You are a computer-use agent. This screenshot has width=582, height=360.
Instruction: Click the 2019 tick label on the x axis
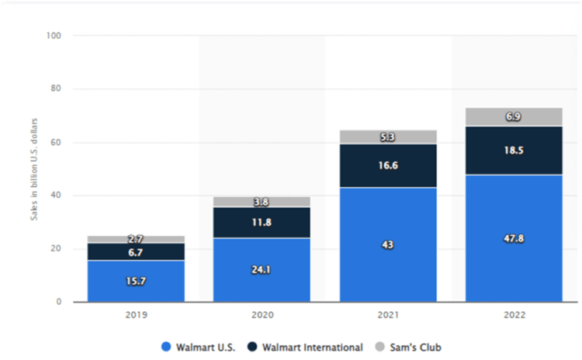click(136, 317)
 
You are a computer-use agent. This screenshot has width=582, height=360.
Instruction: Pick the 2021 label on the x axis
click(388, 317)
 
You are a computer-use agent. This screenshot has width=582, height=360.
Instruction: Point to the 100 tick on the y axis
click(55, 36)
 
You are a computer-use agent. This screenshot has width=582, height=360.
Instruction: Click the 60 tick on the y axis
click(57, 142)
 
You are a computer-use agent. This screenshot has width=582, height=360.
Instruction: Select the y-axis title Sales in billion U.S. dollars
click(35, 169)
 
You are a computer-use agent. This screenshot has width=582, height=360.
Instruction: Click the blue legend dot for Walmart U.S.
click(165, 347)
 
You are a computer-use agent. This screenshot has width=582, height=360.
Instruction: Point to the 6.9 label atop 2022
click(514, 115)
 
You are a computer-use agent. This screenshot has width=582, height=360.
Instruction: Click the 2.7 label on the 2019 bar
click(136, 238)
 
